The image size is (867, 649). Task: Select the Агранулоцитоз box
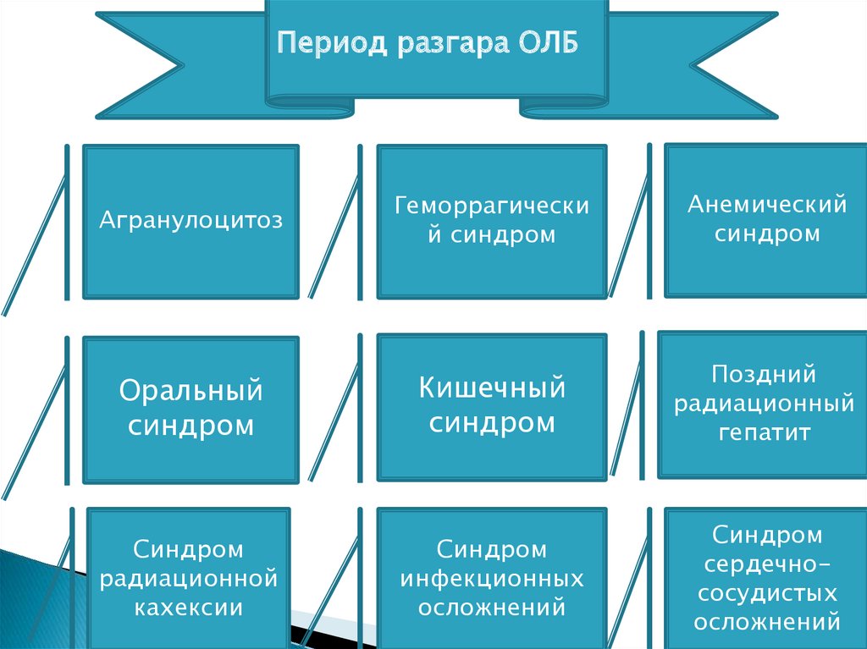click(191, 222)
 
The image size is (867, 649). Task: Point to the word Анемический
click(767, 205)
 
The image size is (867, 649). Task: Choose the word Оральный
click(191, 392)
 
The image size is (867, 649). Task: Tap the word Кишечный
click(492, 389)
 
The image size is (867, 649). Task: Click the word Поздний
click(764, 374)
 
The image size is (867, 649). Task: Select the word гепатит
click(765, 433)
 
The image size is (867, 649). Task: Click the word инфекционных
click(492, 579)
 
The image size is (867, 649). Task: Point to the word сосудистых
click(766, 594)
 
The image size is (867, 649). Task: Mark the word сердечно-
click(766, 564)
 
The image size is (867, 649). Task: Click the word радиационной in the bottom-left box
click(190, 579)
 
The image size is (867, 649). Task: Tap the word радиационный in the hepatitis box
click(765, 404)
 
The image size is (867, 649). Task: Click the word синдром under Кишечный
click(492, 423)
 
